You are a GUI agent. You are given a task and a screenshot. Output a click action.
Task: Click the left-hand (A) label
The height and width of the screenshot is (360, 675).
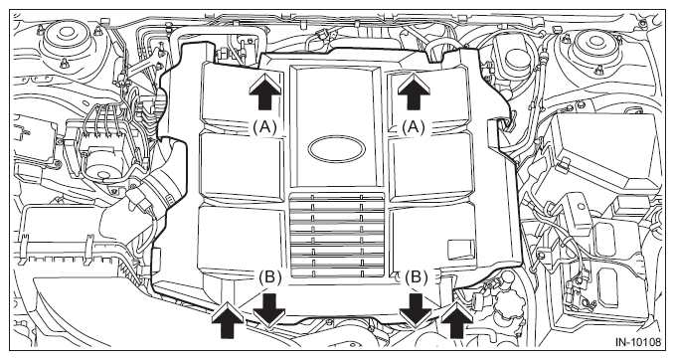[263, 127]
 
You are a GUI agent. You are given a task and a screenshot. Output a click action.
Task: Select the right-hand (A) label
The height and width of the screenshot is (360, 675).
[414, 127]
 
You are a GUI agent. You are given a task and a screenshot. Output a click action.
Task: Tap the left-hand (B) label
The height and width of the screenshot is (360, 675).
[270, 277]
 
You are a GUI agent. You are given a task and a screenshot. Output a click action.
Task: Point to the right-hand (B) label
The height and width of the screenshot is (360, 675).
[416, 277]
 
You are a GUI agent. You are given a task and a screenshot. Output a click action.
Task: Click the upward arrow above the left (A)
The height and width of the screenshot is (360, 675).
[265, 90]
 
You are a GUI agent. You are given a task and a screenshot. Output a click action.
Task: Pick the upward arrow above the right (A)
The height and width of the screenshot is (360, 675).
[414, 90]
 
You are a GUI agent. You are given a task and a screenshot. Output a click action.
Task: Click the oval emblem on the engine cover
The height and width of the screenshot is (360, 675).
[337, 149]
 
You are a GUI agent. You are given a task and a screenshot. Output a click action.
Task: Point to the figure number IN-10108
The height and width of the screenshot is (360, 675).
[637, 342]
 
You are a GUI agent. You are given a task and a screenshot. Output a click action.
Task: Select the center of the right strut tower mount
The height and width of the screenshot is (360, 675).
[596, 41]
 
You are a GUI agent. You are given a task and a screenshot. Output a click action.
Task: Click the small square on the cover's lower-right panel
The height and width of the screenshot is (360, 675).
[461, 250]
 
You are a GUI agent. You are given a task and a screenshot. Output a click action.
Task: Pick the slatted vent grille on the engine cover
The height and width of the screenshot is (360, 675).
[337, 235]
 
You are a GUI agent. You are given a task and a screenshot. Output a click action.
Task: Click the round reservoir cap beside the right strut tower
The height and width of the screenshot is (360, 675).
[516, 58]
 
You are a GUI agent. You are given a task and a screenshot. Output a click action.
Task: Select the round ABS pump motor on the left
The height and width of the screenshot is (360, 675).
[102, 166]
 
